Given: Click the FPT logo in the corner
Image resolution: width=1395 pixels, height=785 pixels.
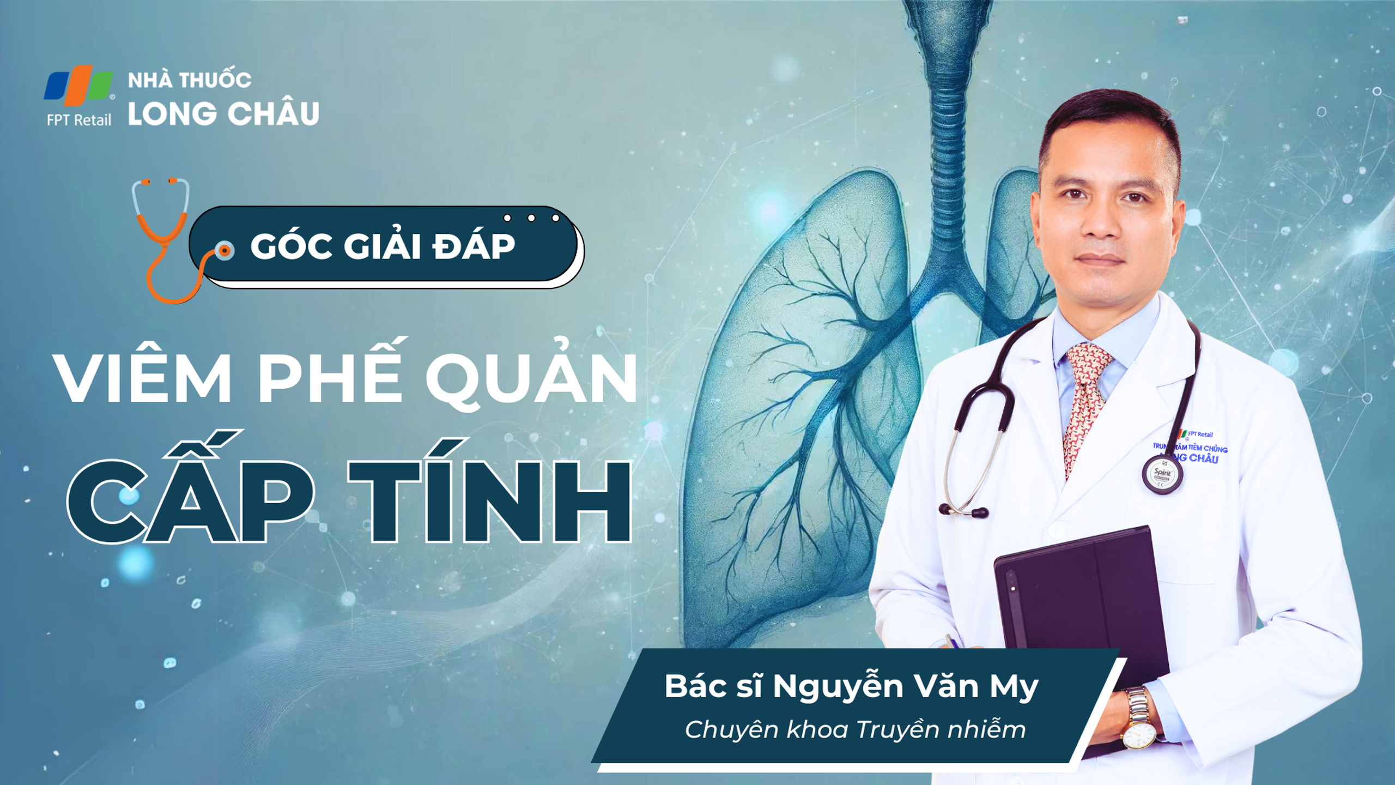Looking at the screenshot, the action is point(79,86).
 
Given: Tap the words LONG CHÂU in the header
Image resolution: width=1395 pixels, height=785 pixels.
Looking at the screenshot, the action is point(223,113).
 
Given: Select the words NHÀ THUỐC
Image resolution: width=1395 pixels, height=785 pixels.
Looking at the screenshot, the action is point(190,80).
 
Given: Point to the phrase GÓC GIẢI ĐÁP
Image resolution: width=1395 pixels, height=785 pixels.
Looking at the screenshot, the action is point(383,246).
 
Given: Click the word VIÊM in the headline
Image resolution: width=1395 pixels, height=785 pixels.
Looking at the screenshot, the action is point(144,377).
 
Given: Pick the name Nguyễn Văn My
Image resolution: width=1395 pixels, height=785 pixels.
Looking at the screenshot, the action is point(906,687).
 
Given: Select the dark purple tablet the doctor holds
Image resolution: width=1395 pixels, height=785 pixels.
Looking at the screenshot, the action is point(1082,616).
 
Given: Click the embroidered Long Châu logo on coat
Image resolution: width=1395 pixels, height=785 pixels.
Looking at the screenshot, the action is point(1190,448).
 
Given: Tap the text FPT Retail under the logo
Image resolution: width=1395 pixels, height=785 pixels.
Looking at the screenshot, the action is point(79,120).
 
